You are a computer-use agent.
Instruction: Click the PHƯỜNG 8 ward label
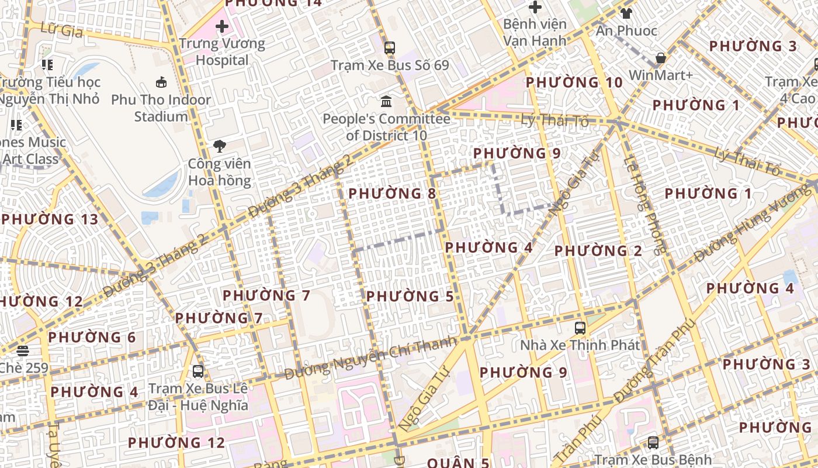coord(392,193)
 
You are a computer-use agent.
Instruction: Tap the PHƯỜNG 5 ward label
coord(410,297)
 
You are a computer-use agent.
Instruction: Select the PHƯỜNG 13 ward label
coord(50,219)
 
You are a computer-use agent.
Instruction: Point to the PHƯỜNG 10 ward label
coord(574,82)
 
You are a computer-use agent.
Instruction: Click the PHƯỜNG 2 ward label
coord(598,251)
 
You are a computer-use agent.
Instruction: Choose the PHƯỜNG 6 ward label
coord(92,338)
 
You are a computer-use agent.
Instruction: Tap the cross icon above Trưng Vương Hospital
coord(221,26)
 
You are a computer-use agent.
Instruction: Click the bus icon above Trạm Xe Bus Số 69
coord(390,48)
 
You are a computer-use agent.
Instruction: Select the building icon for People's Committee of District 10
coord(386,102)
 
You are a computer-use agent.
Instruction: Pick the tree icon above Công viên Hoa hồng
coord(220,146)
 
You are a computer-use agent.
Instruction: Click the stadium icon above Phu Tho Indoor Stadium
coord(161,82)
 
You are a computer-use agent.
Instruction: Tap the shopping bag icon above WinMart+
coord(660,58)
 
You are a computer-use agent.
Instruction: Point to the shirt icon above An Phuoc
coord(626,13)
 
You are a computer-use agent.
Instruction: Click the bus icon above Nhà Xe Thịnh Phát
coord(580,328)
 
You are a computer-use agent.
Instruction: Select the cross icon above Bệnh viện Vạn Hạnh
coord(535,7)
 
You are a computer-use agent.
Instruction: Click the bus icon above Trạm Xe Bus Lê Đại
coord(198,371)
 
